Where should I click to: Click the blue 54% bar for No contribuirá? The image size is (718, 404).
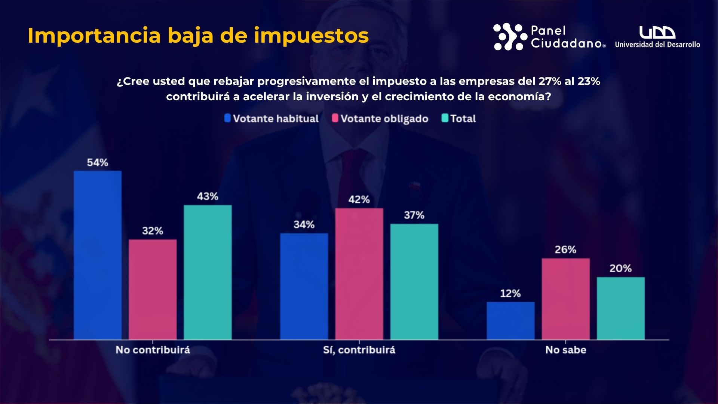[x=98, y=255]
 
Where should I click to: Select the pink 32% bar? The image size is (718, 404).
[x=153, y=290]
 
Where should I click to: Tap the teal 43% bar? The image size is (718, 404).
[x=208, y=272]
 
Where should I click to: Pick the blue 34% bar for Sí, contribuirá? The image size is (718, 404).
[x=304, y=287]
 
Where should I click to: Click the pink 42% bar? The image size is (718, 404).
[x=359, y=274]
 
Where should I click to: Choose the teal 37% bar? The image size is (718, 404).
[x=414, y=282]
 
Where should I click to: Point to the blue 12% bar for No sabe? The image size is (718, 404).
[x=510, y=321]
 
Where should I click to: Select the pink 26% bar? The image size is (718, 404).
[x=565, y=299]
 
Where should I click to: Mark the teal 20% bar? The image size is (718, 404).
[x=620, y=308]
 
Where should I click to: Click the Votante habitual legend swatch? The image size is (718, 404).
[x=227, y=118]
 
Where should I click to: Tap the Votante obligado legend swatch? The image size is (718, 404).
[x=335, y=118]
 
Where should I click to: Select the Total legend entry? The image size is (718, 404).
[x=459, y=119]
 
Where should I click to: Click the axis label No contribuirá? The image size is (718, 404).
[x=153, y=350]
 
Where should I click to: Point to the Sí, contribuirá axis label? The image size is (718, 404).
[x=359, y=350]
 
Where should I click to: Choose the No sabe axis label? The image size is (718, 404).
[x=565, y=350]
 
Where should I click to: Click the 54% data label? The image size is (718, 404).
[x=98, y=162]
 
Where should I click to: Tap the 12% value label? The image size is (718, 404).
[x=510, y=293]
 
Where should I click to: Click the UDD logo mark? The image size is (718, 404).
[x=657, y=33]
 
